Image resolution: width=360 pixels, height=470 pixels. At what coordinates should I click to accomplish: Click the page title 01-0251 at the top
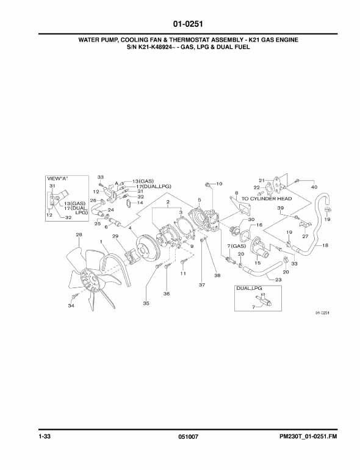pyautogui.click(x=188, y=24)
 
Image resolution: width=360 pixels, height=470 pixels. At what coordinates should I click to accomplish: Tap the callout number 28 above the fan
pyautogui.click(x=79, y=235)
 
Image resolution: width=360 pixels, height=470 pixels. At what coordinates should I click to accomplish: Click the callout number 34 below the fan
pyautogui.click(x=71, y=306)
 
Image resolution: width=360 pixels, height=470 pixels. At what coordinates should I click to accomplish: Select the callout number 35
pyautogui.click(x=146, y=303)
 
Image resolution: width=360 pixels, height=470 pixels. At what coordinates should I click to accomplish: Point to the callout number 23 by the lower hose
pyautogui.click(x=278, y=280)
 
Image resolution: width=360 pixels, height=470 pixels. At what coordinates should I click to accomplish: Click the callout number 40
pyautogui.click(x=314, y=187)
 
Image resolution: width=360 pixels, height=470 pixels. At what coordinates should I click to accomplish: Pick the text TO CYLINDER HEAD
pyautogui.click(x=267, y=198)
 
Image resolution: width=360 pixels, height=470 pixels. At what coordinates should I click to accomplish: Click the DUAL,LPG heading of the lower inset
pyautogui.click(x=249, y=288)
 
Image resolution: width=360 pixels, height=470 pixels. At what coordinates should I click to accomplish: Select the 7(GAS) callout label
pyautogui.click(x=237, y=246)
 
